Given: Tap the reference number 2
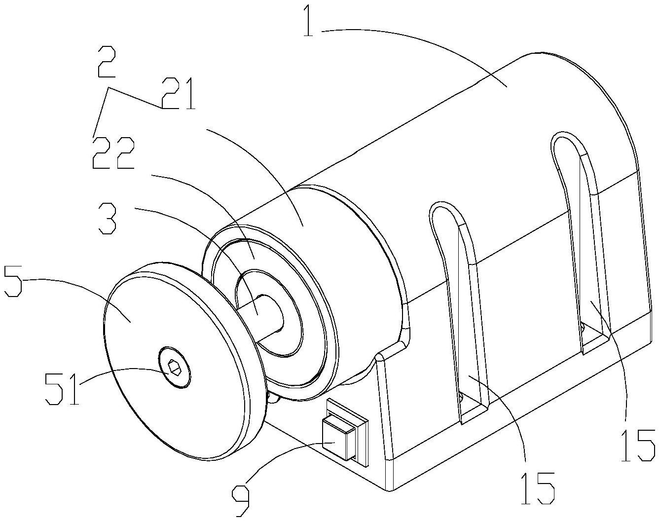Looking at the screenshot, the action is pos(107,62).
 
